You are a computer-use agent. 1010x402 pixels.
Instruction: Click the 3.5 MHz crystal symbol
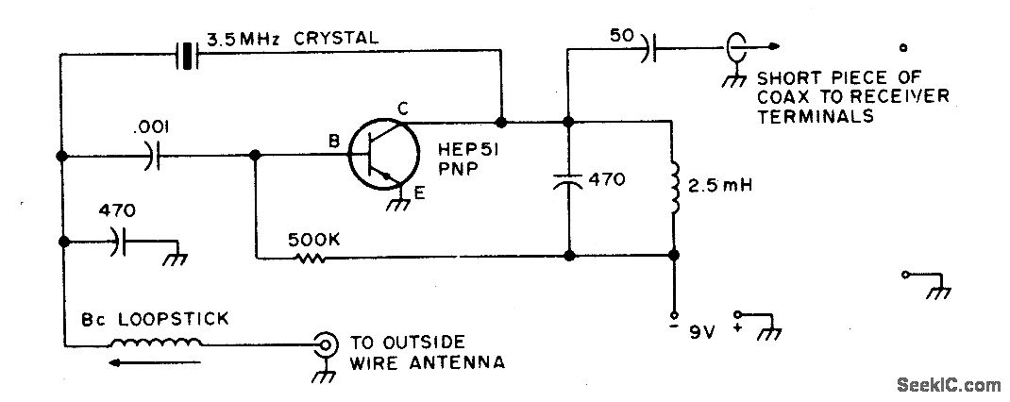(189, 55)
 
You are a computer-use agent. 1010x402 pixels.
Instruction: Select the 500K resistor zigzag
(312, 256)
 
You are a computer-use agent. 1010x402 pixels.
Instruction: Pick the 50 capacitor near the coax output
(649, 47)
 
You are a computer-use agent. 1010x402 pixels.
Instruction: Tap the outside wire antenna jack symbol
(327, 344)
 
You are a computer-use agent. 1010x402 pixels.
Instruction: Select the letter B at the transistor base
(333, 142)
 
